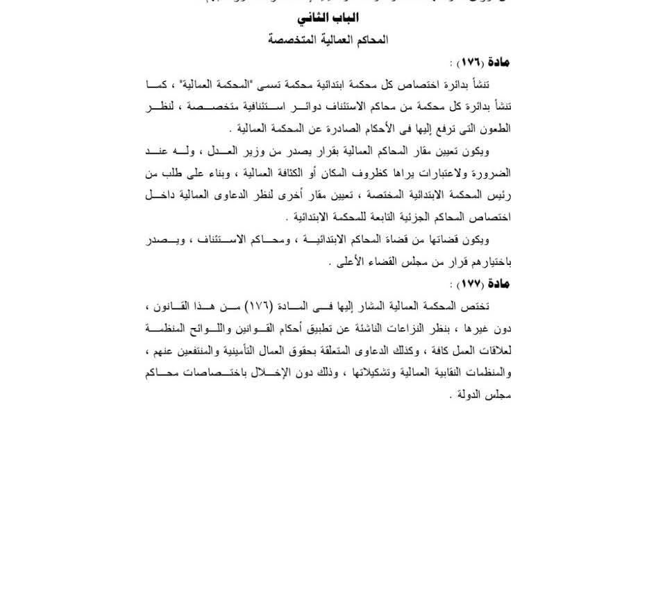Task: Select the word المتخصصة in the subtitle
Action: (292, 40)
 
